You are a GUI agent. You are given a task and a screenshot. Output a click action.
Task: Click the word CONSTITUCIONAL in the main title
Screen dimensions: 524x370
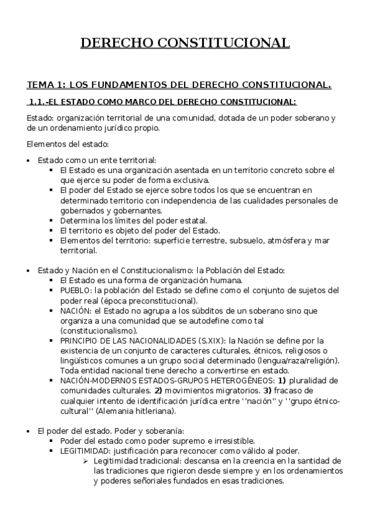(x=226, y=43)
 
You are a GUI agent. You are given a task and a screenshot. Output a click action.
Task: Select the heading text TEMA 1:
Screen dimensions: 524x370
(x=47, y=84)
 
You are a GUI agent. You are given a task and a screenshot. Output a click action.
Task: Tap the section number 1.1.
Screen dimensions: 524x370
(x=39, y=101)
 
